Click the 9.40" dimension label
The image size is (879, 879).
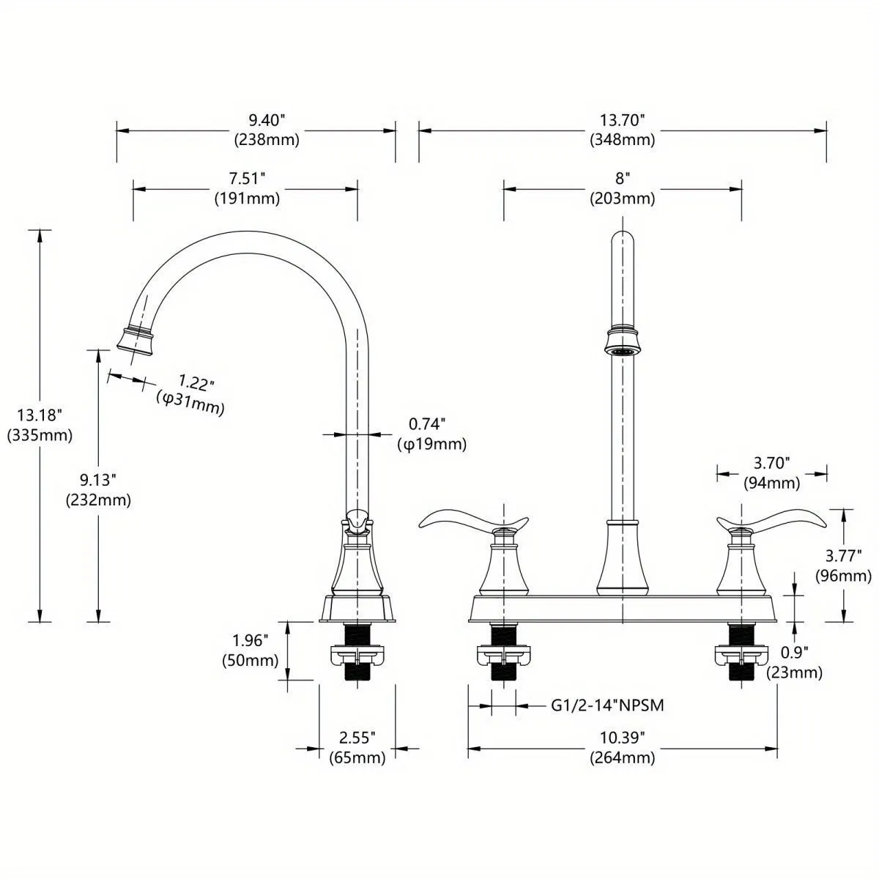coord(267,120)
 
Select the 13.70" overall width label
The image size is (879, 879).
coord(622,120)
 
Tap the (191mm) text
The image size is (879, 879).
coord(248,199)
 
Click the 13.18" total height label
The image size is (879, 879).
coord(40,415)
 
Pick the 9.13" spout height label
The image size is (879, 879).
coord(97,480)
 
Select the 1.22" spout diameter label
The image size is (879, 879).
coord(196,382)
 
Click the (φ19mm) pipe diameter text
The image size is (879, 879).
coord(432,444)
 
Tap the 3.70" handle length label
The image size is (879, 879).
coord(771,464)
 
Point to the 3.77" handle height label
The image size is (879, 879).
coord(843,556)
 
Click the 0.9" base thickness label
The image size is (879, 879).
coord(794,653)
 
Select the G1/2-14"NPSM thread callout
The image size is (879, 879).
coord(607,705)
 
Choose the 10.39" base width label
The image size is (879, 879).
coord(622,738)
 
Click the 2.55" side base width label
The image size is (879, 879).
coord(357,738)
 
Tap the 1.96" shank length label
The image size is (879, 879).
coord(251,640)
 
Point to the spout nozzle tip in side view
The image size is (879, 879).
coord(136,341)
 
